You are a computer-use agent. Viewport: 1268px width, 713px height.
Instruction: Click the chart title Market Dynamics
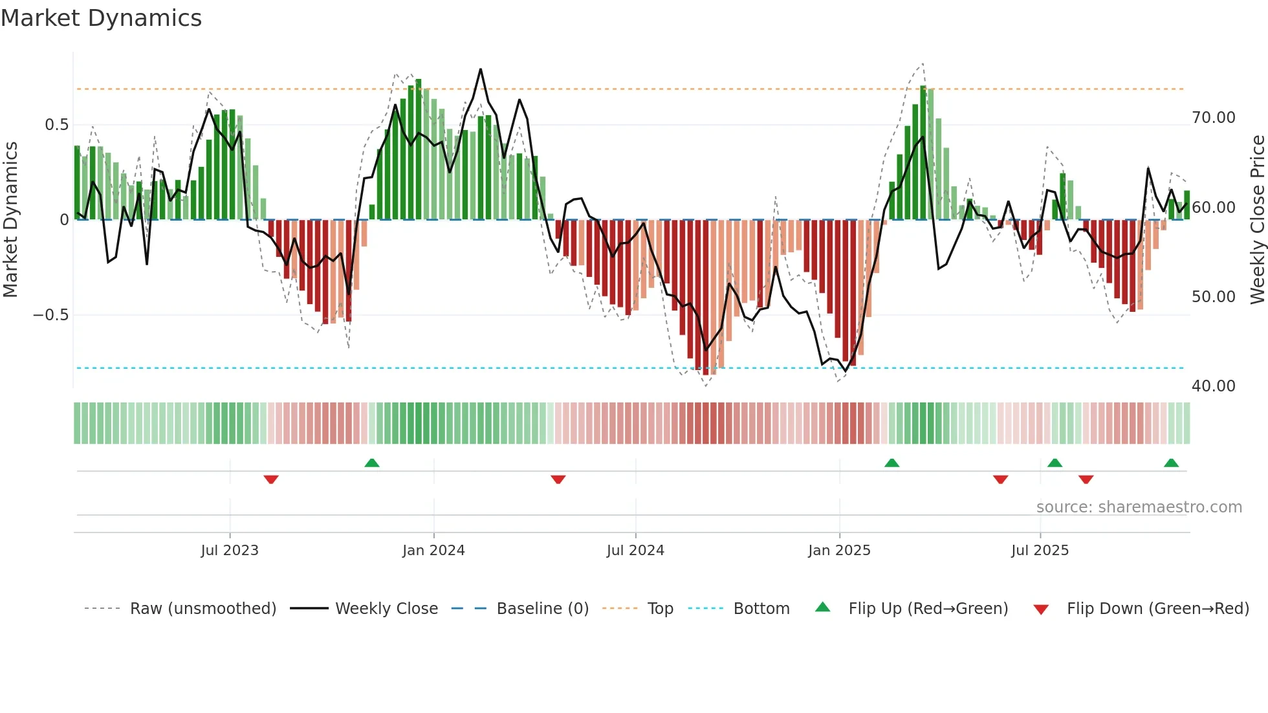click(101, 18)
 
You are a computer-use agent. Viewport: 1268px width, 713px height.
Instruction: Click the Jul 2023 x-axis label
click(230, 551)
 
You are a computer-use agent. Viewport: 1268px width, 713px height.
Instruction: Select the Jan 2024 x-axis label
click(433, 551)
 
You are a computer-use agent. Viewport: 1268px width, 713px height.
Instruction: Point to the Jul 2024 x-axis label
click(635, 551)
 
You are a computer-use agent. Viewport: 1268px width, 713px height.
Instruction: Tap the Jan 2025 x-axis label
click(839, 551)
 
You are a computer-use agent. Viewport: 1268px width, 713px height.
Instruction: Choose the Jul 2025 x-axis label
click(1040, 551)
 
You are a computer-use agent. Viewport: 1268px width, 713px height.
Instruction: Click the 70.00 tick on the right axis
click(1213, 118)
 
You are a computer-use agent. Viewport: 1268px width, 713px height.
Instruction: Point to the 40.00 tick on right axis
click(1213, 386)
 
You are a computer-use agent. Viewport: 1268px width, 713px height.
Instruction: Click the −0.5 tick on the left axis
click(50, 315)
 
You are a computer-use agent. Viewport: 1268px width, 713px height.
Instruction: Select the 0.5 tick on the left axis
click(56, 125)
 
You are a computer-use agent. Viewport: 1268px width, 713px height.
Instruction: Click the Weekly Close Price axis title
click(1257, 219)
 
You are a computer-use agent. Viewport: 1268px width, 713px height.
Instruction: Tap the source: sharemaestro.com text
click(1139, 507)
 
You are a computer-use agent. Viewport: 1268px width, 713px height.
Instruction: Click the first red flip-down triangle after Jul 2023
click(271, 479)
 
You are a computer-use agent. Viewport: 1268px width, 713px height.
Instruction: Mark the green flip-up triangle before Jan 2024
click(372, 463)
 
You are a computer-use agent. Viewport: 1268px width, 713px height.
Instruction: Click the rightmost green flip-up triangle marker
click(1171, 463)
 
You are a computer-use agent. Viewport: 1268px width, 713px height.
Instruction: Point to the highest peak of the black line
click(481, 69)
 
